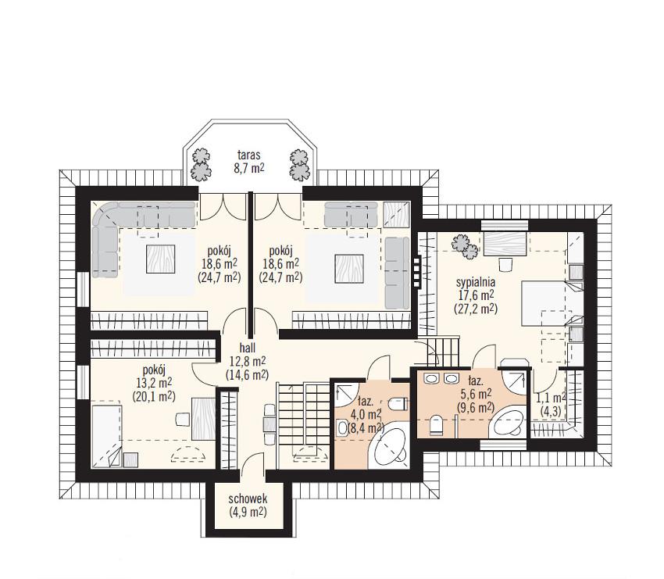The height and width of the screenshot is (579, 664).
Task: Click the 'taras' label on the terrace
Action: pyautogui.click(x=248, y=155)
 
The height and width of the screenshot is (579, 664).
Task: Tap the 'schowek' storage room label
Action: pyautogui.click(x=248, y=499)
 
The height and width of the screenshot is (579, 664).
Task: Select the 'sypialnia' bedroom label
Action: pyautogui.click(x=476, y=282)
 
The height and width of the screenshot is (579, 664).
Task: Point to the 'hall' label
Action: pyautogui.click(x=248, y=348)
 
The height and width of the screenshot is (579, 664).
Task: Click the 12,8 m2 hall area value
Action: pyautogui.click(x=248, y=361)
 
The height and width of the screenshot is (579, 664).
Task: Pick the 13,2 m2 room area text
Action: pyautogui.click(x=154, y=382)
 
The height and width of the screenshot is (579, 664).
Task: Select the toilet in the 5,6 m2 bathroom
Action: pyautogui.click(x=436, y=425)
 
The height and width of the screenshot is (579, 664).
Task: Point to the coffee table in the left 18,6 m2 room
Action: pyautogui.click(x=160, y=259)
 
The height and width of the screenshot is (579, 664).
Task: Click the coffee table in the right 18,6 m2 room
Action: pyautogui.click(x=349, y=269)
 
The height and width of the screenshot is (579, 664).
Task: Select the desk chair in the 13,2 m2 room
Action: pyautogui.click(x=182, y=419)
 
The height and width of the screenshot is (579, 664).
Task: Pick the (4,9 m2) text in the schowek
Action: pyautogui.click(x=248, y=512)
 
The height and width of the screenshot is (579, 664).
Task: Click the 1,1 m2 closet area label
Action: pyautogui.click(x=552, y=399)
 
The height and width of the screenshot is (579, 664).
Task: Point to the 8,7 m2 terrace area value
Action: pyautogui.click(x=249, y=168)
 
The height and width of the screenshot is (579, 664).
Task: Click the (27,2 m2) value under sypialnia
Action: pyautogui.click(x=476, y=309)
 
